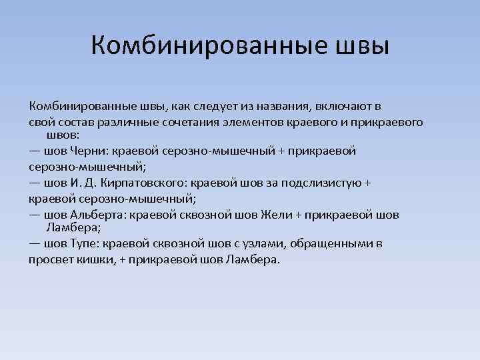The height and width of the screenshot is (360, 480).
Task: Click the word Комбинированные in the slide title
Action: (x=201, y=46)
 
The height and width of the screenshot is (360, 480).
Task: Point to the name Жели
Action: (x=274, y=215)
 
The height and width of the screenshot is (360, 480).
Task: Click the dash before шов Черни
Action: (x=34, y=151)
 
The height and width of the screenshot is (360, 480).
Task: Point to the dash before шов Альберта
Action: (x=34, y=215)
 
